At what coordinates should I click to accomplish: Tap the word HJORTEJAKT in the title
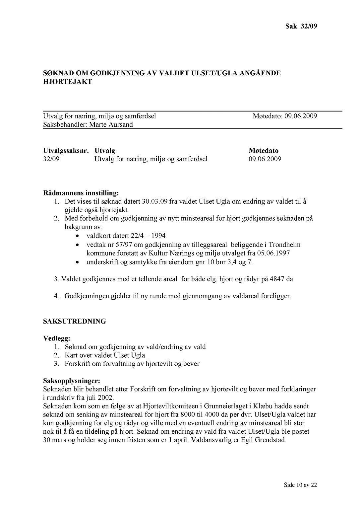click(x=68, y=82)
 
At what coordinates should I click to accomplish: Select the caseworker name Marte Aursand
click(x=111, y=124)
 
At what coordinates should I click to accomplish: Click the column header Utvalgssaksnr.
click(x=66, y=150)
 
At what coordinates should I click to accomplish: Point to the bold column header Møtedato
click(x=264, y=150)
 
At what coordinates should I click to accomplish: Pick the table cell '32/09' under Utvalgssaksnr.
click(x=51, y=159)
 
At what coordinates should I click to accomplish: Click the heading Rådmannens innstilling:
click(x=81, y=192)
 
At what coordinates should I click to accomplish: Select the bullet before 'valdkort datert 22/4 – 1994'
click(x=77, y=236)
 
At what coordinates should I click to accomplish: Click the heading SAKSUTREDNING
click(x=75, y=321)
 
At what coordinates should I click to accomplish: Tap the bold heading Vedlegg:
click(x=57, y=338)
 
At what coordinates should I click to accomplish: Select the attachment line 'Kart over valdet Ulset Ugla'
click(x=105, y=355)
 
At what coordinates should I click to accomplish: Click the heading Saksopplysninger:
click(x=72, y=380)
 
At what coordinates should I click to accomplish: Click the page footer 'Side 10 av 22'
click(x=300, y=485)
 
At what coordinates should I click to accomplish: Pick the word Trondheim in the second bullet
click(x=284, y=245)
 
